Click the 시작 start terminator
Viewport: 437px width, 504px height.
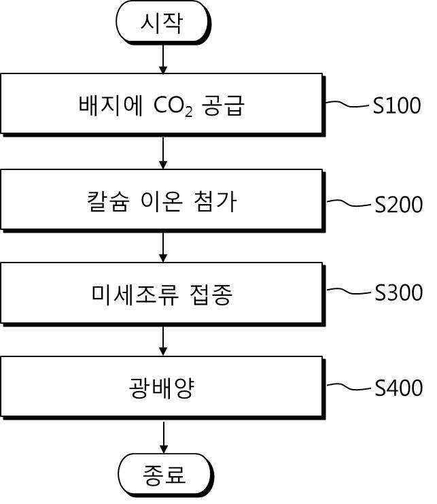(163, 23)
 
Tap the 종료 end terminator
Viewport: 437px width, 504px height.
(165, 475)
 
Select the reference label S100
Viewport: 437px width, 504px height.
(397, 105)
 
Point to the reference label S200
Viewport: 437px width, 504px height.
(399, 204)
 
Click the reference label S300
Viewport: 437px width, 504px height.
(399, 292)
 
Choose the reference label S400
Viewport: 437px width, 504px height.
(399, 388)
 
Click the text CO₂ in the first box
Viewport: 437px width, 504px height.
(173, 106)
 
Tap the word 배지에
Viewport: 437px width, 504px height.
(111, 105)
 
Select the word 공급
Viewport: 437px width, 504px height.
(224, 105)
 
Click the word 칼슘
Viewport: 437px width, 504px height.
(108, 201)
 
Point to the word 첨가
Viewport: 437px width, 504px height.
(215, 201)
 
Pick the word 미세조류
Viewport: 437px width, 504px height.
(135, 295)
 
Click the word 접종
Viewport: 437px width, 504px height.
(211, 295)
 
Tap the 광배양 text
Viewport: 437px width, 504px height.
(162, 388)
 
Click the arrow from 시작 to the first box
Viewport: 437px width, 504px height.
(163, 58)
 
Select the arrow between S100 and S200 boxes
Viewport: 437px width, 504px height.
(163, 153)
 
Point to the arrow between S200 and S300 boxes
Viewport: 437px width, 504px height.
(163, 247)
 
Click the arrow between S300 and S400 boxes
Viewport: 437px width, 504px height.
(163, 341)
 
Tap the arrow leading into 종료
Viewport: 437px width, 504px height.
(164, 437)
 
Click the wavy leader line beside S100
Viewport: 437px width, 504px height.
(348, 104)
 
